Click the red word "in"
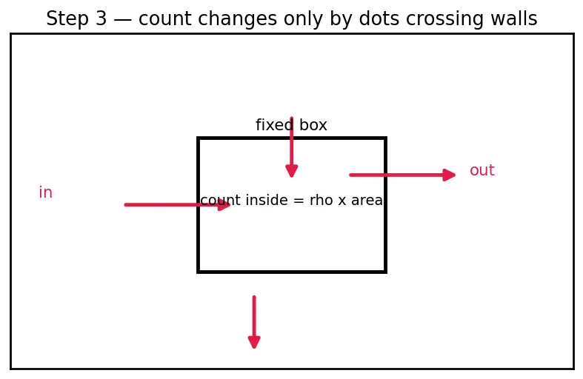tap(46, 192)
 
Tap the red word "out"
tap(482, 170)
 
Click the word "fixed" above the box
tap(274, 125)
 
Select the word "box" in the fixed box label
tap(313, 125)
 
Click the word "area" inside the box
tap(367, 201)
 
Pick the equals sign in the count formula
tap(299, 201)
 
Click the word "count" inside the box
tap(221, 201)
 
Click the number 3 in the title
tap(101, 19)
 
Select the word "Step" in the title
tap(67, 19)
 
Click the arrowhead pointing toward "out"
tap(449, 175)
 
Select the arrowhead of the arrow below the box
tap(254, 342)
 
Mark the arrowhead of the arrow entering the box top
tap(292, 171)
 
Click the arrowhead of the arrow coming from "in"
tap(224, 205)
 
